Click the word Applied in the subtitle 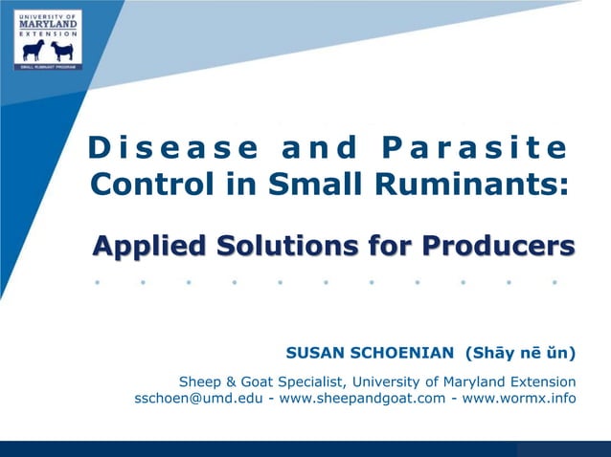tap(151, 246)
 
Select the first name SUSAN tap(321, 353)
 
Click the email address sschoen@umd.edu tap(201, 398)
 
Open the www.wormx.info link tap(520, 398)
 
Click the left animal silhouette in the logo tap(33, 51)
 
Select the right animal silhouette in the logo tap(62, 51)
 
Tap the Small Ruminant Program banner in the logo tap(48, 67)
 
